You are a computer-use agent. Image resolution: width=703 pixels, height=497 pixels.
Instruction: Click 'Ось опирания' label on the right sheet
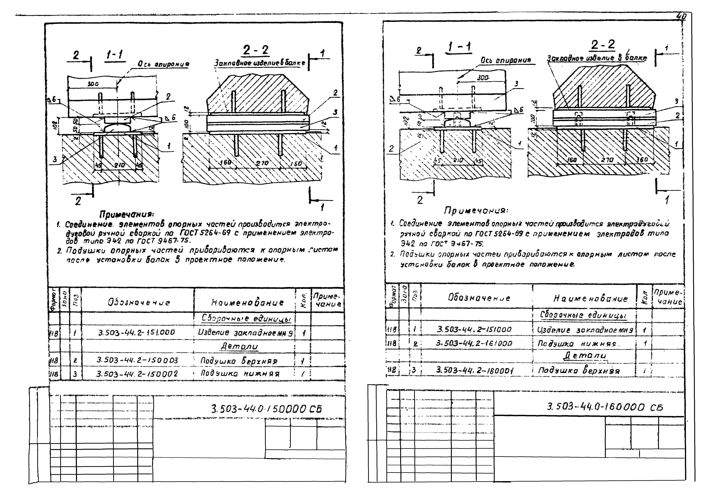506,60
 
